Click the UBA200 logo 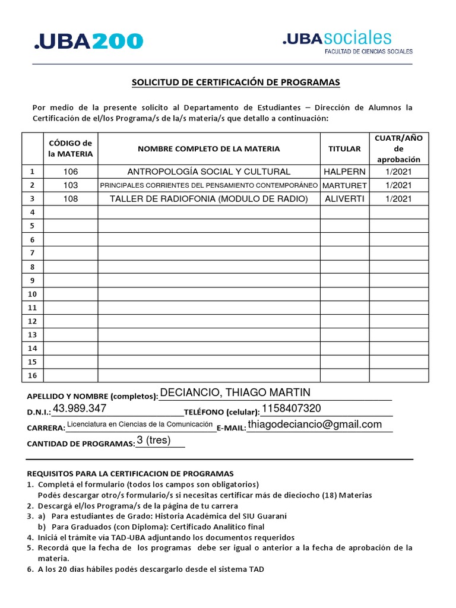pos(89,41)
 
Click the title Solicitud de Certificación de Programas pos(236,82)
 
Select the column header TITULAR pos(344,148)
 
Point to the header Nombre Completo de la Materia pos(209,148)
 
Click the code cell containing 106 pos(71,172)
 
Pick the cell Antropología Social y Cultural pos(209,172)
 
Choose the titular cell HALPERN pos(344,172)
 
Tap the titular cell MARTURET pos(344,185)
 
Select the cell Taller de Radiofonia pos(209,199)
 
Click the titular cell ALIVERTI pos(344,199)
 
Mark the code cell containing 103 pos(71,185)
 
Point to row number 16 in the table pos(33,375)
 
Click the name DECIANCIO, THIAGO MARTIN pos(235,392)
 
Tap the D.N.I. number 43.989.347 pos(80,408)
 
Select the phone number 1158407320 pos(291,408)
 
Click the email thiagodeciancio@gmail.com pos(314,424)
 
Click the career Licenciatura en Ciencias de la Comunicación pos(140,424)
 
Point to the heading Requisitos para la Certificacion pos(131,473)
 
